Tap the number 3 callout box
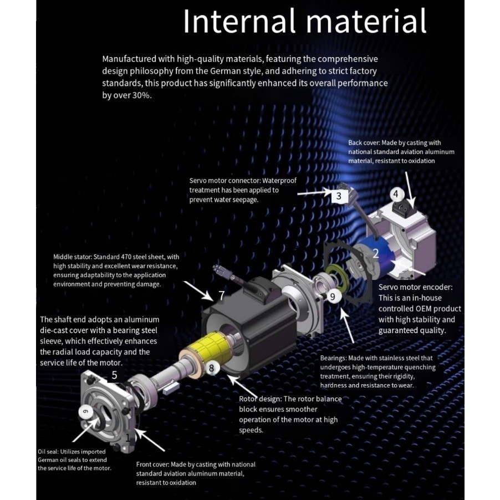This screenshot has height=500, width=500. click(x=339, y=196)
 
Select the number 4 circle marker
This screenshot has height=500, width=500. click(x=396, y=194)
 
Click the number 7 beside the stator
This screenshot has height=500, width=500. click(x=222, y=295)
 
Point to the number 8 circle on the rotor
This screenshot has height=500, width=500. click(x=211, y=368)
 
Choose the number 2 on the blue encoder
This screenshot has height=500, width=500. click(x=376, y=253)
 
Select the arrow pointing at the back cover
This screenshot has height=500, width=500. click(x=410, y=190)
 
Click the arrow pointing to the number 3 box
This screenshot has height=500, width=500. click(x=314, y=192)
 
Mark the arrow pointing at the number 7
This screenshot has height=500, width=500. click(x=198, y=292)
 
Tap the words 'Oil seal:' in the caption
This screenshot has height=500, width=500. click(x=48, y=452)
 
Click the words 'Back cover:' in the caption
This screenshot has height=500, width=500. click(x=364, y=142)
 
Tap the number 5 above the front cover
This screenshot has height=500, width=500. click(x=114, y=375)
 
